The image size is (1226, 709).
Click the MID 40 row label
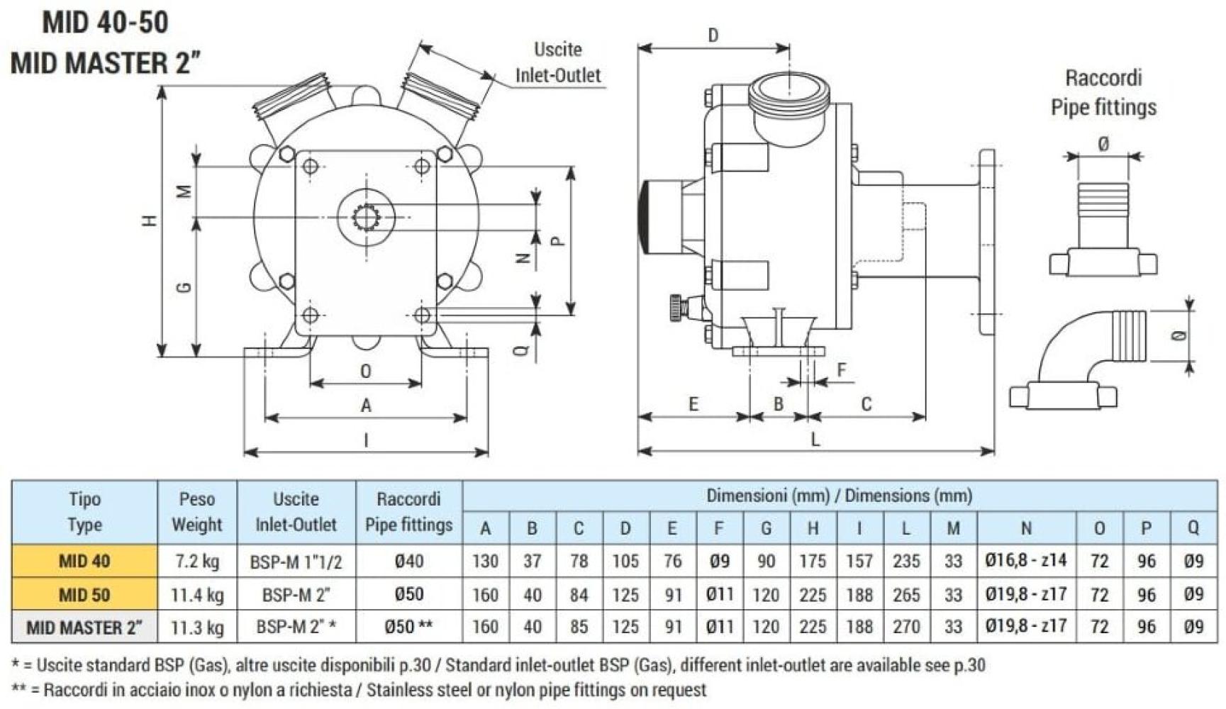point(84,562)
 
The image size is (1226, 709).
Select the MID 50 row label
point(84,595)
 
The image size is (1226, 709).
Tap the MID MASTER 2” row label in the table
point(84,627)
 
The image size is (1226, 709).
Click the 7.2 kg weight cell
point(197,562)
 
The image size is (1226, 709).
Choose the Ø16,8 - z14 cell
point(1025,561)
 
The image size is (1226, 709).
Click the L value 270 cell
point(906,627)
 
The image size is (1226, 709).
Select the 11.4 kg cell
point(197,595)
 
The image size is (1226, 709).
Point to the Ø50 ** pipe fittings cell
point(408,627)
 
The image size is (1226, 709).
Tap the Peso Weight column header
point(197,512)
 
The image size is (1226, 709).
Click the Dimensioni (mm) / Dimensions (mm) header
point(839,496)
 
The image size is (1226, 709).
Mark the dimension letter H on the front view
point(150,220)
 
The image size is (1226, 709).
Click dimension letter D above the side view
point(713,35)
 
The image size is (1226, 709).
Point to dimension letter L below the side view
point(815,440)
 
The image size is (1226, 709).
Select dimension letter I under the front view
point(366,440)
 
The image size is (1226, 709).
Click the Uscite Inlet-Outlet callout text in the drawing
point(557,62)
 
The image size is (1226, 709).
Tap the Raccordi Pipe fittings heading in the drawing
point(1103,92)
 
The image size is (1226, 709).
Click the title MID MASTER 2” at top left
point(106,63)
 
